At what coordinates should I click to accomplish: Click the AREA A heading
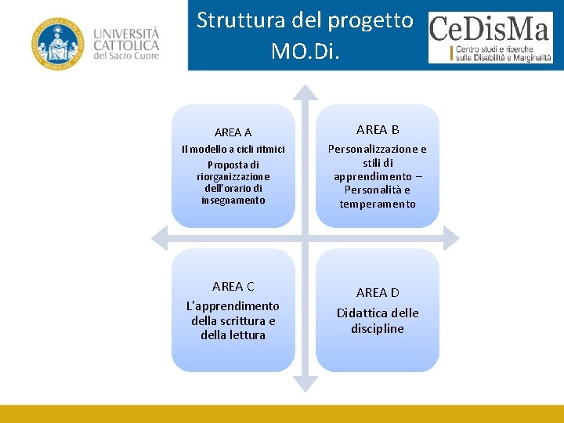[233, 132]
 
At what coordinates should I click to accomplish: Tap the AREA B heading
[378, 129]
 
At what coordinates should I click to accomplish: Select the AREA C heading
[233, 286]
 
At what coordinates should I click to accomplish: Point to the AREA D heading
[378, 292]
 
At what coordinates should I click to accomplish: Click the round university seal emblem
[56, 43]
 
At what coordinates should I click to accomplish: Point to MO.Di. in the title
[305, 51]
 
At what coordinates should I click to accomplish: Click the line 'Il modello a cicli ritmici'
[233, 149]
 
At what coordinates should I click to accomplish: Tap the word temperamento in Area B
[378, 204]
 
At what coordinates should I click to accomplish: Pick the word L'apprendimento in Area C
[233, 305]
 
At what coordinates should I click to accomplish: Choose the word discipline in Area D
[378, 328]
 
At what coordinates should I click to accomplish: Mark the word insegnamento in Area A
[233, 200]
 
